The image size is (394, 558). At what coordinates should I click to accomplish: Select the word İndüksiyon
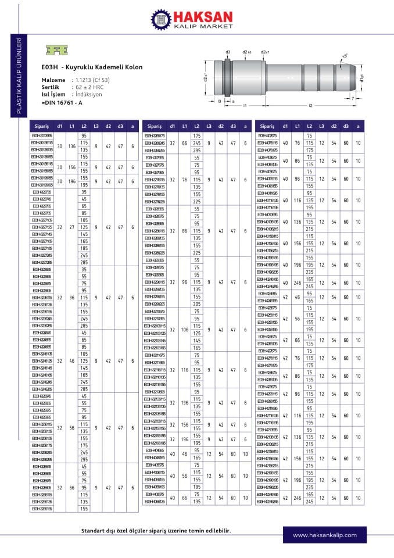coord(88,94)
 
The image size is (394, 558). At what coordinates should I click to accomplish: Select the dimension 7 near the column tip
coord(352,98)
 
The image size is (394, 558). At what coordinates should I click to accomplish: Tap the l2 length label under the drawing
coord(310,106)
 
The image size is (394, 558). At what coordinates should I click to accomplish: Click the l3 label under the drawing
coord(219,101)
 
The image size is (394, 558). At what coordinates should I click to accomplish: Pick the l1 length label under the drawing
coord(245,106)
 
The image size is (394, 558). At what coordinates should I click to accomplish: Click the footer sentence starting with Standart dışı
coord(155,531)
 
